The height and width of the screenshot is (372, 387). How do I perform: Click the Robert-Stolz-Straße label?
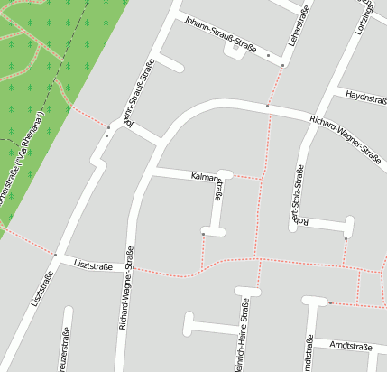pos(295,196)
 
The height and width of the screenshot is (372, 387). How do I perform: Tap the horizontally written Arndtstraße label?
pos(350,346)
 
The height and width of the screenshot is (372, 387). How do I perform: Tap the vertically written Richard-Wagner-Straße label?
pos(126,289)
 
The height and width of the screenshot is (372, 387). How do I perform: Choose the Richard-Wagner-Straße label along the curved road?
pos(345,137)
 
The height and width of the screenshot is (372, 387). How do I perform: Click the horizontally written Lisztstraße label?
pos(93,266)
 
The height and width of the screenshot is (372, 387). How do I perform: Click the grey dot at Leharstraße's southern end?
pos(282,65)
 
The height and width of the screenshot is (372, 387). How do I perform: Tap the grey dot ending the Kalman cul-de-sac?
pos(204,234)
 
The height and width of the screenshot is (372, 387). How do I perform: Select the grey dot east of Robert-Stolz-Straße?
pos(346,238)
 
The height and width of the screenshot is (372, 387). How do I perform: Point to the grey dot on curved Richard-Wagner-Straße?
pos(267,107)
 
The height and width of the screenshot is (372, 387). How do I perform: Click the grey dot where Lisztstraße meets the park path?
pos(55,255)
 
